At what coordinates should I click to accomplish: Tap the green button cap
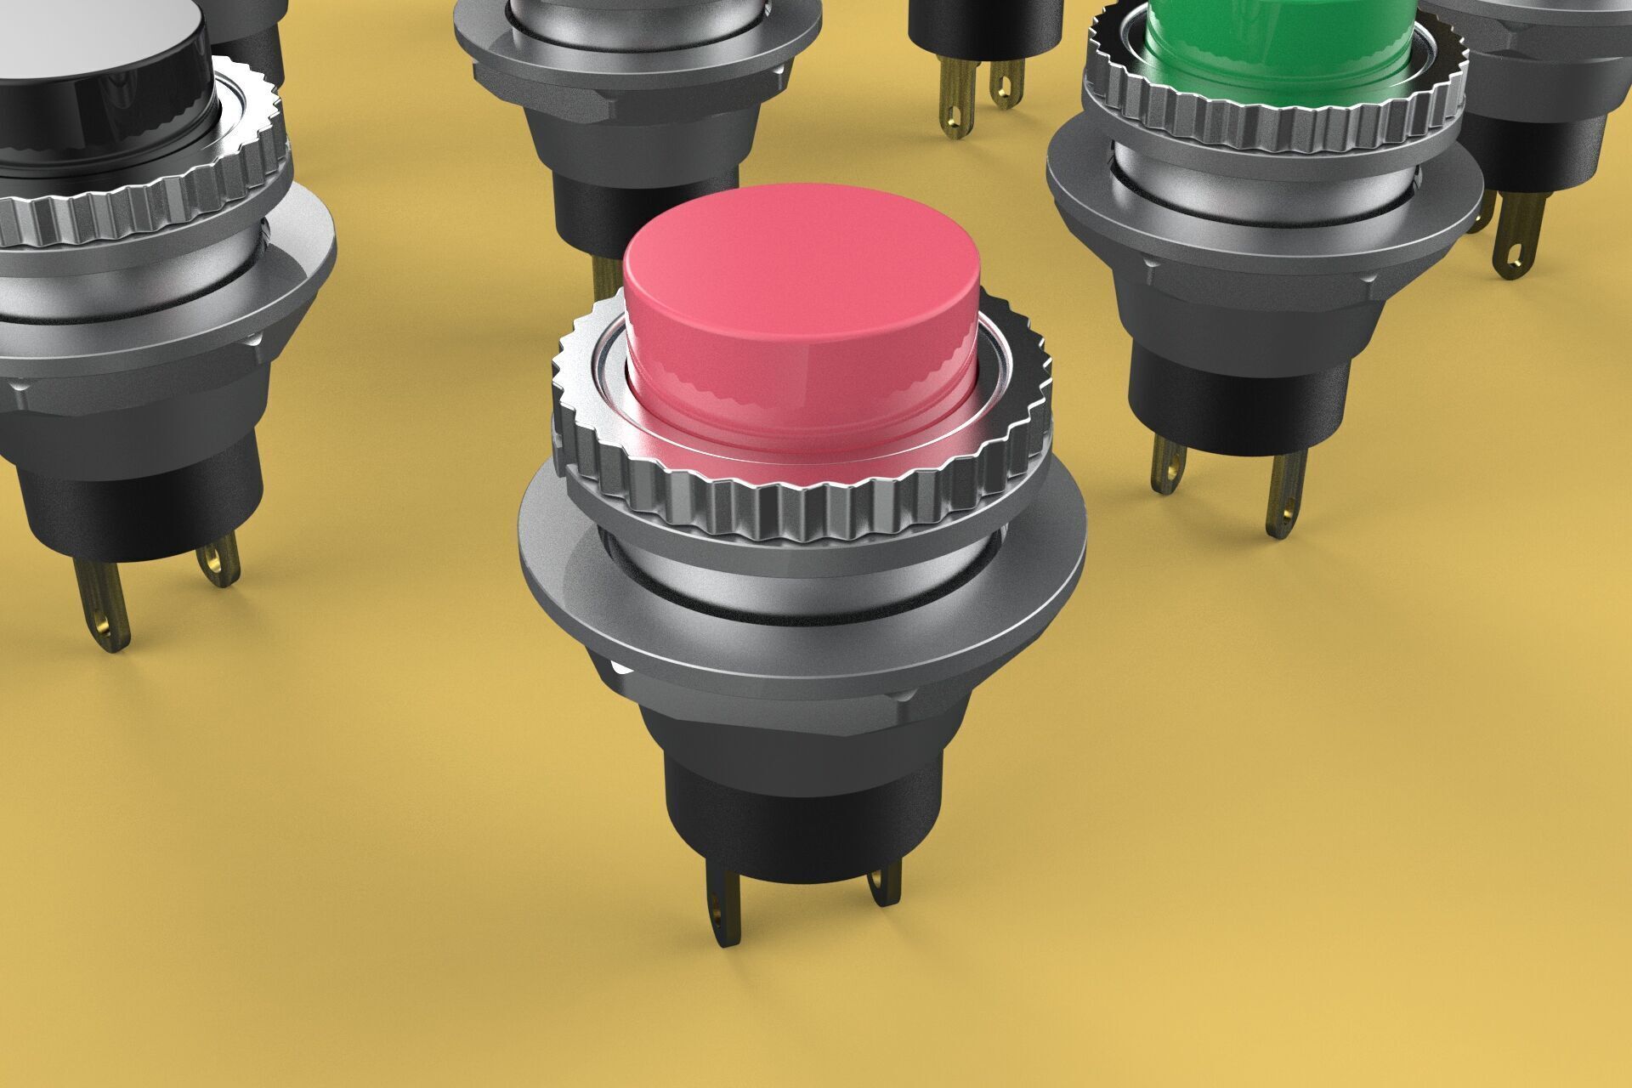coord(1275,42)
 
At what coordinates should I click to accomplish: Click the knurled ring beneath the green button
coord(1275,127)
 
